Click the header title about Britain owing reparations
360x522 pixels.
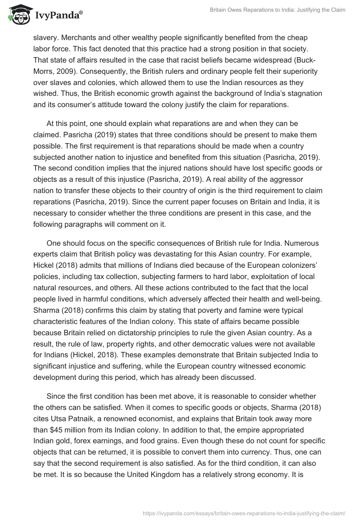[x=278, y=10]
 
